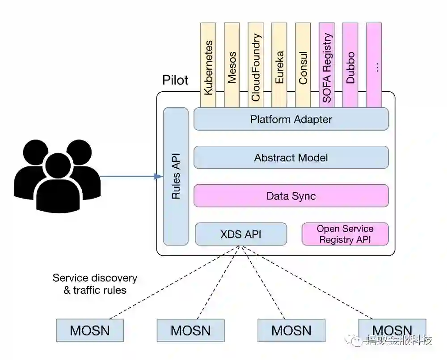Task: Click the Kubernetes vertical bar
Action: click(x=208, y=65)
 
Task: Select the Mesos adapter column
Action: click(x=232, y=65)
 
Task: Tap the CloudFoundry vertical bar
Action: click(x=255, y=65)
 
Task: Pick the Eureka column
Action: click(x=279, y=65)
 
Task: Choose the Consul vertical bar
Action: click(x=303, y=65)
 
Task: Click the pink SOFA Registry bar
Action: click(x=326, y=65)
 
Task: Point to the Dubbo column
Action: click(x=350, y=65)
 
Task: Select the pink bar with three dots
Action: click(x=374, y=65)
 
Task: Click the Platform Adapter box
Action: click(x=291, y=119)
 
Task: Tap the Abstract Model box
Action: click(x=291, y=157)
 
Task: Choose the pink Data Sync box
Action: click(x=291, y=196)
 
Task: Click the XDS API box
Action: click(x=241, y=234)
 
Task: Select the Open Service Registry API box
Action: click(x=345, y=234)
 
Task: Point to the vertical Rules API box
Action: click(x=176, y=176)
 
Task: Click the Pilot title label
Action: click(x=175, y=80)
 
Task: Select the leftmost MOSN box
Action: click(x=90, y=330)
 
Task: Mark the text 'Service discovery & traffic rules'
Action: click(x=95, y=284)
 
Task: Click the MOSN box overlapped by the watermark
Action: click(x=392, y=330)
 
